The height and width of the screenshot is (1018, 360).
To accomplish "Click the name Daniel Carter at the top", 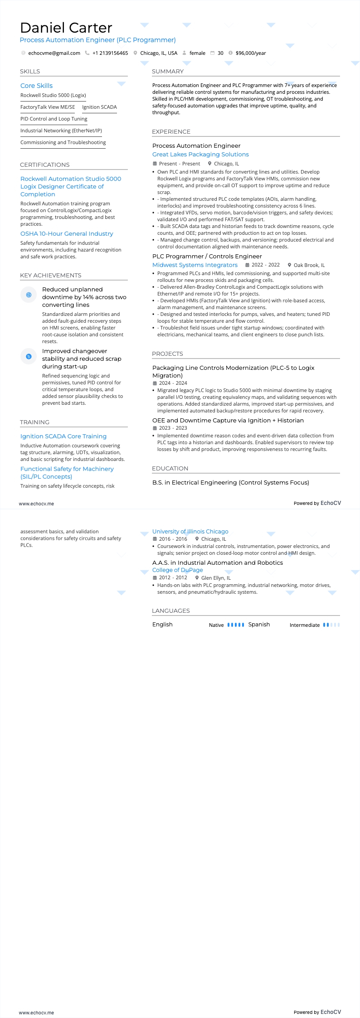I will click(x=66, y=28).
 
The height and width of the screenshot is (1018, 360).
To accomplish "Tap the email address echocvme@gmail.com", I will click(x=54, y=53).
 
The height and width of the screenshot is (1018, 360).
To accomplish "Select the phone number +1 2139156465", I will click(x=110, y=53).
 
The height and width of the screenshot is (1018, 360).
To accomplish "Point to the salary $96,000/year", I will click(x=251, y=53).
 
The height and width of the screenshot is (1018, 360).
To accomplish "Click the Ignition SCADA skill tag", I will click(x=99, y=107).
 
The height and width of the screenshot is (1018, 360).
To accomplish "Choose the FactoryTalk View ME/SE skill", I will click(x=48, y=107).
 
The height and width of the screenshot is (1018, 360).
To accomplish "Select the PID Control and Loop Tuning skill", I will click(x=54, y=119).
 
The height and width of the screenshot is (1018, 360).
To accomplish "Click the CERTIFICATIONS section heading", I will click(x=45, y=165).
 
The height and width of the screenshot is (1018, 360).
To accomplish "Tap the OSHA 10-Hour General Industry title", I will click(x=67, y=234).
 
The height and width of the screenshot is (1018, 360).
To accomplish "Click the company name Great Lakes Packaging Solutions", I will click(x=200, y=155).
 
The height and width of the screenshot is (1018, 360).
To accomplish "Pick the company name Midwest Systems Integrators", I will click(x=195, y=265).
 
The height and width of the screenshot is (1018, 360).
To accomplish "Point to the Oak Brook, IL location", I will click(x=309, y=265).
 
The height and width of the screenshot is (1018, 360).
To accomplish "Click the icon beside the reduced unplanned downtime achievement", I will click(x=29, y=295).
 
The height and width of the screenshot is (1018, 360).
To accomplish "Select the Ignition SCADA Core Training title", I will click(x=63, y=436).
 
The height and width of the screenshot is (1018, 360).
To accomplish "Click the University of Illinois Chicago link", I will click(x=190, y=532).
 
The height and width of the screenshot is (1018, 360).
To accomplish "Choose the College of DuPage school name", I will click(x=177, y=570).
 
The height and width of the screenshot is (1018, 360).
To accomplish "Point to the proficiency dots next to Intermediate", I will click(x=331, y=625).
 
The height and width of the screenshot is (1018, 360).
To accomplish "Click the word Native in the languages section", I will click(x=216, y=625).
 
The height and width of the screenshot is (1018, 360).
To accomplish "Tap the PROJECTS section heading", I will click(x=167, y=354).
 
